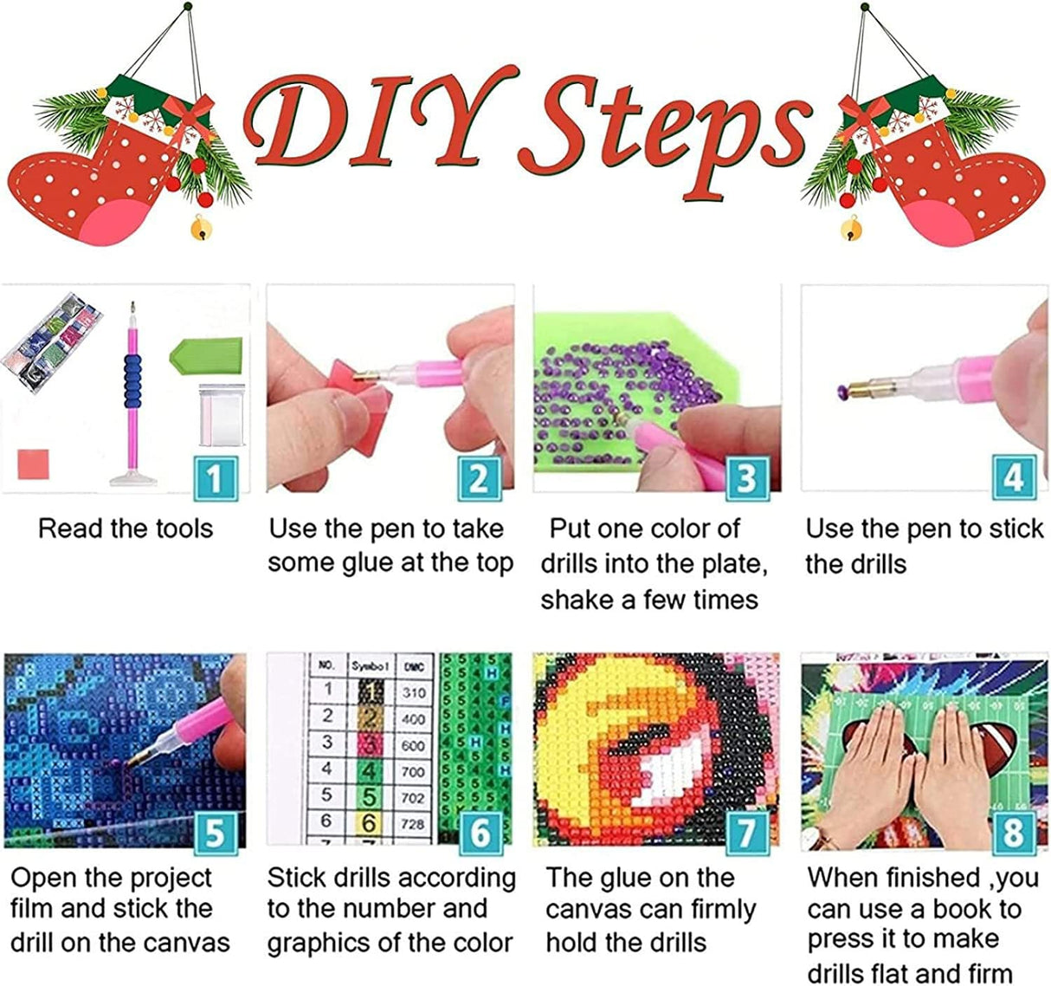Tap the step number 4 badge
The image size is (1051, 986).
click(1013, 477)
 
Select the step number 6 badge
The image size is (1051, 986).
click(480, 833)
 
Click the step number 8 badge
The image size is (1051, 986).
click(1013, 833)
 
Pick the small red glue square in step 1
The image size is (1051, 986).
click(33, 464)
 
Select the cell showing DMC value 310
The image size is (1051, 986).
click(413, 692)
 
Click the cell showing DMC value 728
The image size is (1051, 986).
click(413, 822)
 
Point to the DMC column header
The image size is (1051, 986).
click(413, 666)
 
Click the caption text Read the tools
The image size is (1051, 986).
click(126, 529)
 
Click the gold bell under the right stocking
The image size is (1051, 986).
click(851, 229)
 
